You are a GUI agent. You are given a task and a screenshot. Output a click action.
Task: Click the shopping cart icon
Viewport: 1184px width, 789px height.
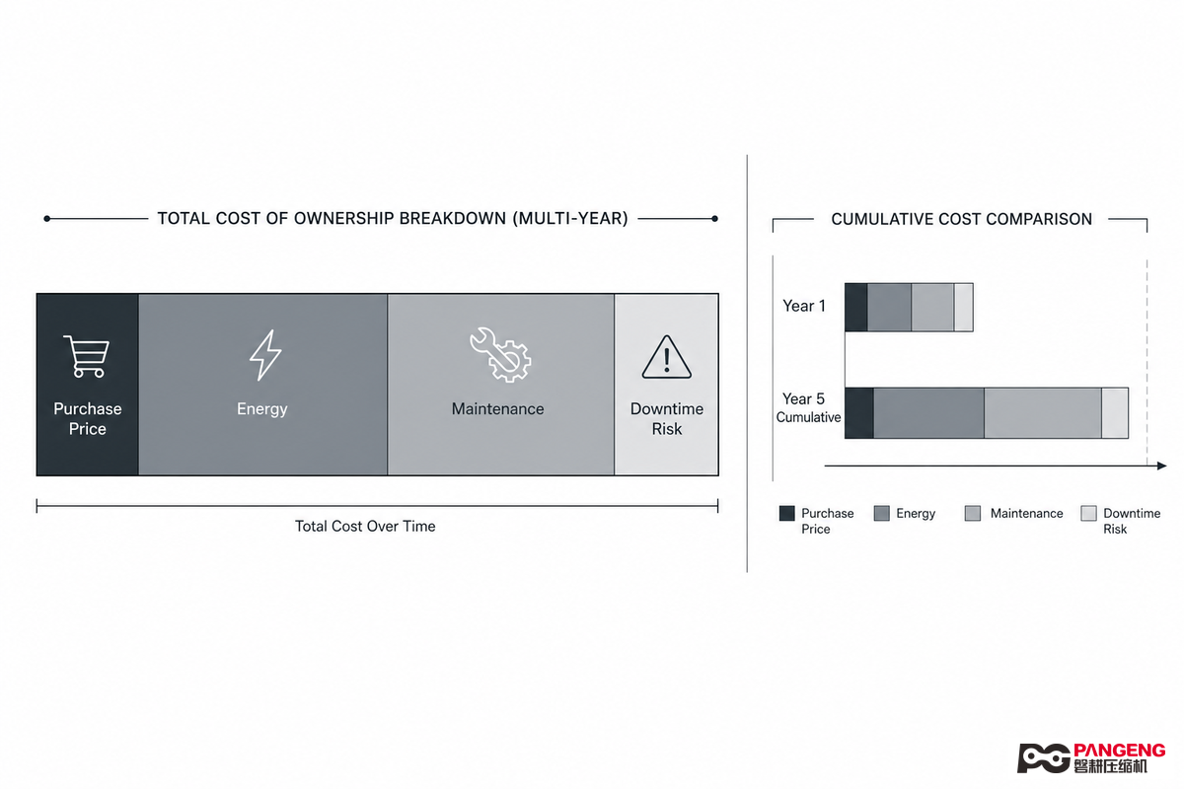[x=86, y=356]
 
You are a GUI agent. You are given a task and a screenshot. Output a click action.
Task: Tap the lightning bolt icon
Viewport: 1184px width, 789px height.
[x=264, y=355]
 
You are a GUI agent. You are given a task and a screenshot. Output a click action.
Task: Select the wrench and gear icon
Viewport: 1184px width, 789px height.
[x=500, y=354]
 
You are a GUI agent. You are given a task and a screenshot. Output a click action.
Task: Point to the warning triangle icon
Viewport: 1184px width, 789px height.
[x=667, y=357]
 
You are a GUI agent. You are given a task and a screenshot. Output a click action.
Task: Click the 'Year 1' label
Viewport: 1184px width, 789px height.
[x=804, y=306]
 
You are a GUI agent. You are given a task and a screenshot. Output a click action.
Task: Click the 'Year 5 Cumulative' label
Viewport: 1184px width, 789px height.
[x=808, y=407]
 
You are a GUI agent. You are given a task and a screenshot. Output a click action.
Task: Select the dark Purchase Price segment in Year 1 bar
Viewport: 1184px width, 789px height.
[x=856, y=308]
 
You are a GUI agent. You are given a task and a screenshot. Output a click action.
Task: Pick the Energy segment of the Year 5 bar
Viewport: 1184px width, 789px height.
[x=928, y=413]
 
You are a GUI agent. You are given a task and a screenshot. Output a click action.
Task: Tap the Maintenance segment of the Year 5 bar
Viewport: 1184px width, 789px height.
[x=1043, y=413]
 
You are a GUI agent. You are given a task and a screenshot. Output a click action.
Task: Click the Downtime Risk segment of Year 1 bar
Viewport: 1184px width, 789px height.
[x=964, y=308]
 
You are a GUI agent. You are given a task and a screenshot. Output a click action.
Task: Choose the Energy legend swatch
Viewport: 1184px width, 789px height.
[x=882, y=513]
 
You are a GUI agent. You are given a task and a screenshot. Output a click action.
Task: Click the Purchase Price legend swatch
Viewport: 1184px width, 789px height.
[x=787, y=513]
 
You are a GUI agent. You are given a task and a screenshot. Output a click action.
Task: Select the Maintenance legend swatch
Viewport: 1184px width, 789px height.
[x=973, y=513]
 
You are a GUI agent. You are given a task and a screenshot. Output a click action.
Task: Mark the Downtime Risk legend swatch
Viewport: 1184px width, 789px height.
[x=1089, y=513]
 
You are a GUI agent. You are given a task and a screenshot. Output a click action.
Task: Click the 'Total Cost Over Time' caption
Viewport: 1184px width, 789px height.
[x=365, y=527]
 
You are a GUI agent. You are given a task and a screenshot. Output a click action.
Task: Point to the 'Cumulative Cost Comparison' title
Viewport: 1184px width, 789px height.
[x=961, y=219]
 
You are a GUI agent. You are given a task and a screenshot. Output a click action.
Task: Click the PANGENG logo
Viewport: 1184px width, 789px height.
[x=1091, y=758]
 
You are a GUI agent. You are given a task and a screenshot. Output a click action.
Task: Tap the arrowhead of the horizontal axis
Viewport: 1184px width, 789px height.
[x=1162, y=466]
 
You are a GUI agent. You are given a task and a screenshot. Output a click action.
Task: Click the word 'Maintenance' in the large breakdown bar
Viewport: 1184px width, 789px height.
[x=498, y=409]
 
